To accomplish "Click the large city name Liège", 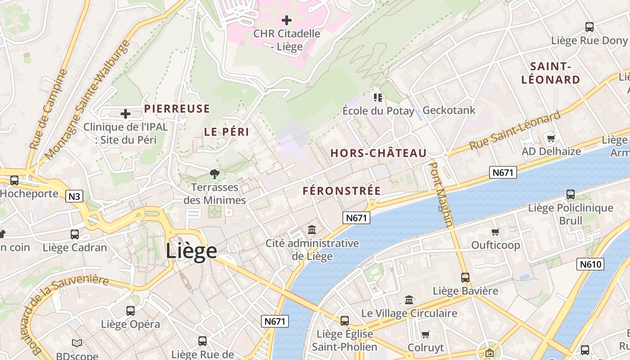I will click(x=191, y=251).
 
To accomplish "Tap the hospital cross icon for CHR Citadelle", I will click(x=287, y=20).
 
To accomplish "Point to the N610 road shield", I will click(x=590, y=264).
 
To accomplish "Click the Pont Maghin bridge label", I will click(x=441, y=194).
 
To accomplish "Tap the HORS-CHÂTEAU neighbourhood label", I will click(x=378, y=153).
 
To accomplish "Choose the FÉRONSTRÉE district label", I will click(x=342, y=191).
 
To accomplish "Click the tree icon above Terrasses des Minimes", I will click(x=215, y=174).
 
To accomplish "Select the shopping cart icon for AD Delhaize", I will click(x=551, y=138).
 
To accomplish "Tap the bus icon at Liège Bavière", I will click(x=465, y=278).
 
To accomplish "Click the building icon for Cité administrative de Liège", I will click(x=312, y=230).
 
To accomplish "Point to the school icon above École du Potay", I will click(x=378, y=97).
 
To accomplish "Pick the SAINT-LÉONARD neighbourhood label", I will click(x=550, y=73).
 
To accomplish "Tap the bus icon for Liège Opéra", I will click(x=130, y=310).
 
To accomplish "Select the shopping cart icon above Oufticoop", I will click(x=495, y=232).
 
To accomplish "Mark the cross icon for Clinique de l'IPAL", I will click(x=126, y=114).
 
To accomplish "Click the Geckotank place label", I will click(x=449, y=110).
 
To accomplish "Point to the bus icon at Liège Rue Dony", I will click(x=589, y=27).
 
